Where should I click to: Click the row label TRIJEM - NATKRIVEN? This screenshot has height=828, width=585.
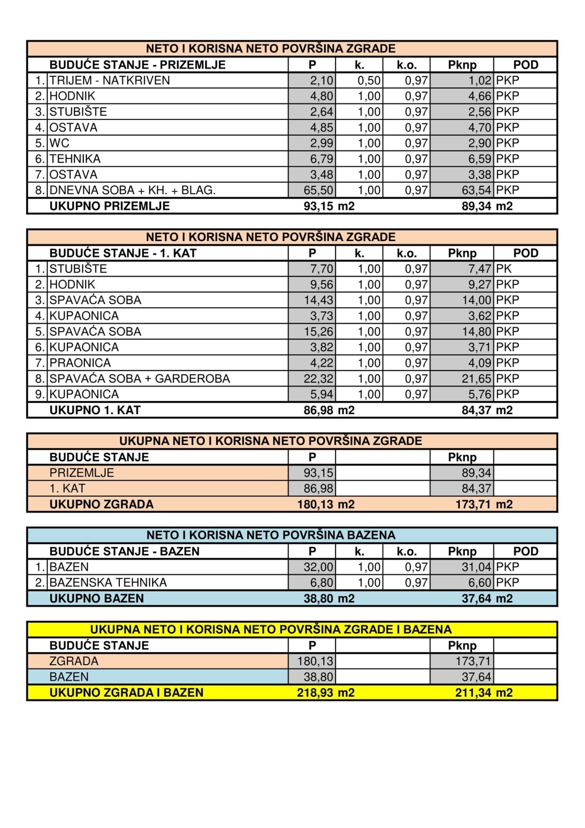pyautogui.click(x=110, y=81)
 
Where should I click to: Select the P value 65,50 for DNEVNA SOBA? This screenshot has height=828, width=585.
pyautogui.click(x=318, y=190)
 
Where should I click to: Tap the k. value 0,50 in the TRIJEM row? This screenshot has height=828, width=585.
pyautogui.click(x=369, y=81)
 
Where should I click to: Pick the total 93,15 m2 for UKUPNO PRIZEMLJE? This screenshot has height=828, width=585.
pyautogui.click(x=329, y=206)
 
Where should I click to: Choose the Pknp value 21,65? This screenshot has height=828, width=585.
pyautogui.click(x=476, y=379)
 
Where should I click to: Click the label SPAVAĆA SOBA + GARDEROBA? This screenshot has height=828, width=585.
pyautogui.click(x=139, y=379)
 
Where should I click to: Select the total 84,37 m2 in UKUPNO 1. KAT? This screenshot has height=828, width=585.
pyautogui.click(x=487, y=410)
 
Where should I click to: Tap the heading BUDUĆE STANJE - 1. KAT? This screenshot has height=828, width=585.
pyautogui.click(x=123, y=253)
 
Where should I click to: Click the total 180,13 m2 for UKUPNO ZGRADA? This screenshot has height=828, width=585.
pyautogui.click(x=326, y=505)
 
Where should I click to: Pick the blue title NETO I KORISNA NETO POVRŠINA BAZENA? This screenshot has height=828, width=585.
pyautogui.click(x=271, y=535)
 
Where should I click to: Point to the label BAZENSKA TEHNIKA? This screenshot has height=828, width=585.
pyautogui.click(x=108, y=583)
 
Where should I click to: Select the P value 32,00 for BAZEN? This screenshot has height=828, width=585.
pyautogui.click(x=318, y=567)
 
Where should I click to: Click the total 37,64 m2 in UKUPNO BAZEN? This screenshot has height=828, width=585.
pyautogui.click(x=487, y=599)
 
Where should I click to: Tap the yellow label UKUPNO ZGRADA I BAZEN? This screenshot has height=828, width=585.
pyautogui.click(x=126, y=693)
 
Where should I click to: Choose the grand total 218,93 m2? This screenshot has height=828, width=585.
pyautogui.click(x=326, y=693)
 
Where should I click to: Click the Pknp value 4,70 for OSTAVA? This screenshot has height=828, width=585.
pyautogui.click(x=480, y=127)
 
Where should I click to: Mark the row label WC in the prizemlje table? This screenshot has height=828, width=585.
pyautogui.click(x=59, y=143)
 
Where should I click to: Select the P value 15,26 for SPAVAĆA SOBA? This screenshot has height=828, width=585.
pyautogui.click(x=318, y=332)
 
